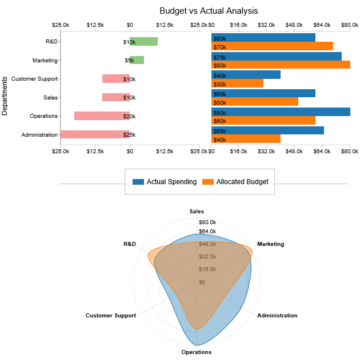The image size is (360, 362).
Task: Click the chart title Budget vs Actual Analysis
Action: pos(209,11)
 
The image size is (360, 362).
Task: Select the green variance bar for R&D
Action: pos(143,42)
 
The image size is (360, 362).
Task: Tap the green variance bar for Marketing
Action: pos(137,60)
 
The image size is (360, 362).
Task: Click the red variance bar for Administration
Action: pos(95,134)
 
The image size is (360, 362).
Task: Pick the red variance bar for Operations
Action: pos(102,116)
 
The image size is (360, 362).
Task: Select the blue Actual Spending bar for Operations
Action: pos(281,112)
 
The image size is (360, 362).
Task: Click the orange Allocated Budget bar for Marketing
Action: pos(281,65)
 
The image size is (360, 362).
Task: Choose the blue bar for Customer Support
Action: pos(246,74)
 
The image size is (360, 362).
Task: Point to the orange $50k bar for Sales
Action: pos(254,102)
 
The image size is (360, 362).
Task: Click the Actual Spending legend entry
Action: pos(165,182)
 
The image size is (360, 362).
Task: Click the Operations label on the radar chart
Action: pos(197,352)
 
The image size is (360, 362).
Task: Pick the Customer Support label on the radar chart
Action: pos(111,316)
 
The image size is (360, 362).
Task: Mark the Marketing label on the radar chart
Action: pos(270,244)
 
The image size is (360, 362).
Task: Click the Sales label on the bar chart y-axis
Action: pos(50,98)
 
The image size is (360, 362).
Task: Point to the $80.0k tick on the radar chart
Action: pos(207,222)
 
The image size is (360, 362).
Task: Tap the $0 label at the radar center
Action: pos(202,283)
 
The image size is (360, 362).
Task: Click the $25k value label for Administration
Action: pos(129,135)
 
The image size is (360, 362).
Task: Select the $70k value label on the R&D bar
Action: pos(219,47)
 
